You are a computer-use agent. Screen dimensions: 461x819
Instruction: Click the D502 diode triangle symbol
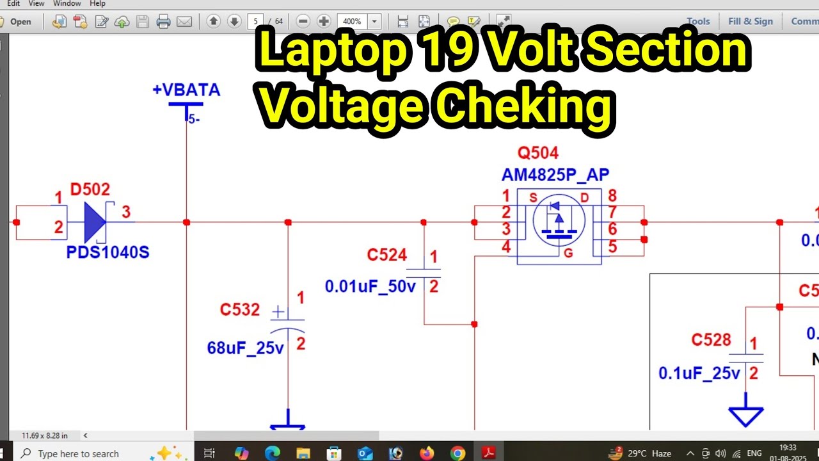pos(95,222)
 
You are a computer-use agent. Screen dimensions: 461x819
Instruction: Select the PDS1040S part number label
pos(107,252)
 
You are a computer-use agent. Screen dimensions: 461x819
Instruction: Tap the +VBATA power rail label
pos(186,90)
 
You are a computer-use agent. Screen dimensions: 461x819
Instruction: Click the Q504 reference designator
pos(538,153)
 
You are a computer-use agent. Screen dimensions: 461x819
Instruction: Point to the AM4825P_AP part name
pos(555,175)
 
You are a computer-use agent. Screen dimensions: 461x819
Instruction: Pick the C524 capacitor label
pos(386,255)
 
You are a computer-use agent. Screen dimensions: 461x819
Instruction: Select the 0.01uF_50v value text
pos(370,286)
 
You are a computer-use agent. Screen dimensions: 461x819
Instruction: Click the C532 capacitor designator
pos(240,310)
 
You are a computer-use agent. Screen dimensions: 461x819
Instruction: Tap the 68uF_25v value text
pos(245,348)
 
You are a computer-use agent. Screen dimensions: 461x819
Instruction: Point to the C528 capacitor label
pos(711,340)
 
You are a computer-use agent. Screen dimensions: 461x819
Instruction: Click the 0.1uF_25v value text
pos(699,373)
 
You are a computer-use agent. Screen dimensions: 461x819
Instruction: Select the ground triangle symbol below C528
pos(746,416)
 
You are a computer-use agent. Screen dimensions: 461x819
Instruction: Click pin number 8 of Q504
pos(612,196)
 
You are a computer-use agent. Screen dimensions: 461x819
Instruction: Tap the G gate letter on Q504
pos(568,254)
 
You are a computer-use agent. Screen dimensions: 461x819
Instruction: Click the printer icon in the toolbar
pos(163,22)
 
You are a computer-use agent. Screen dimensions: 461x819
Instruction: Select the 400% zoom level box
pos(352,22)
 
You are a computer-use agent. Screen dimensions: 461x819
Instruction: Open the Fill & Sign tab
pos(751,21)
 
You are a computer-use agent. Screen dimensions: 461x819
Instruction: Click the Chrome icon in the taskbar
pos(457,453)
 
